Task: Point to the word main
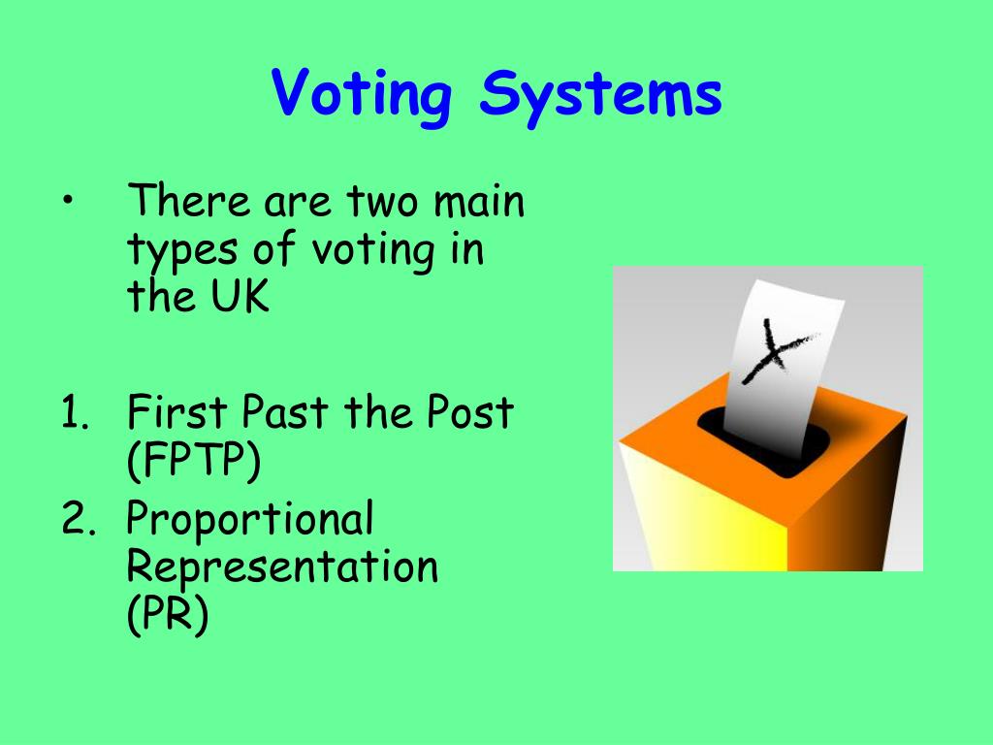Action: pos(479,204)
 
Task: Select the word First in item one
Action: pos(176,414)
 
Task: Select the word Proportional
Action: pos(250,522)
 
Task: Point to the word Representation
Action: pos(282,567)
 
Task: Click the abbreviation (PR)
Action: pos(168,616)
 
